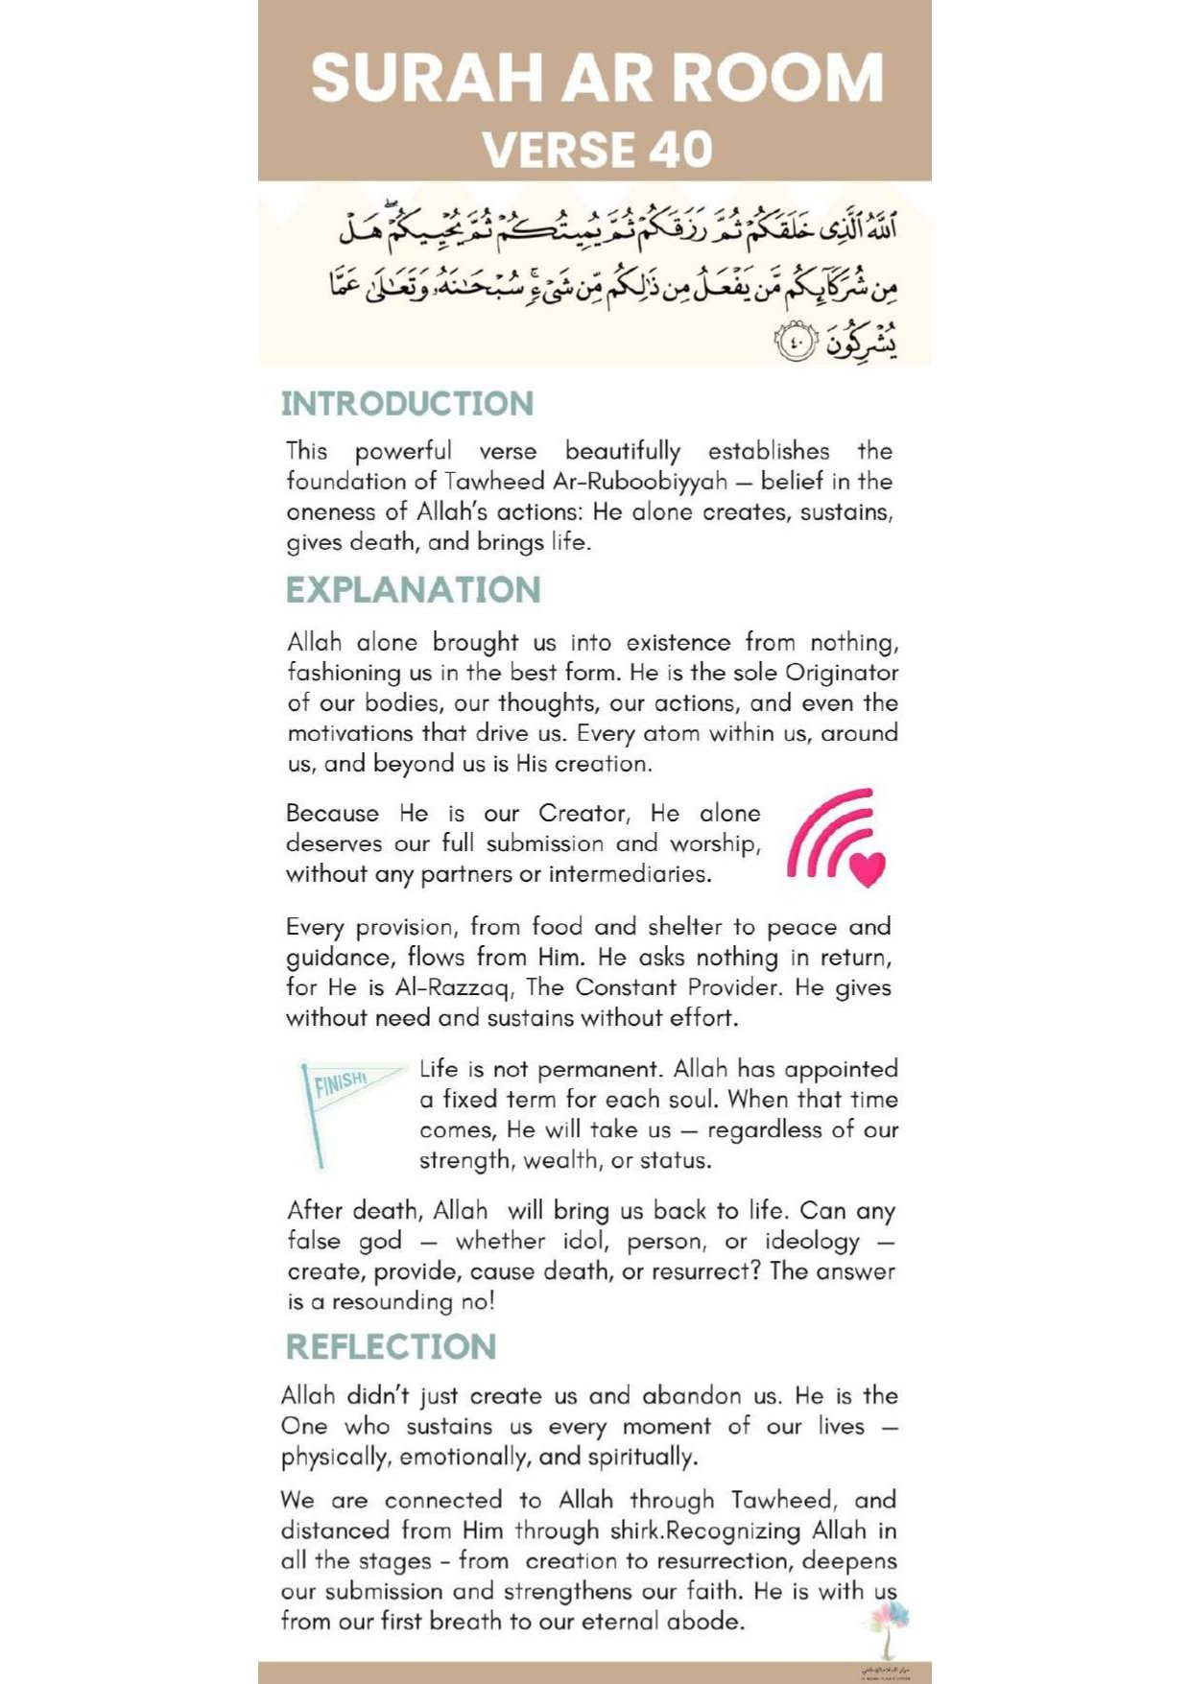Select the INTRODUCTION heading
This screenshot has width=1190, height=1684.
[x=407, y=404]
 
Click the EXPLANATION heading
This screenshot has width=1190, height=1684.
[x=413, y=590]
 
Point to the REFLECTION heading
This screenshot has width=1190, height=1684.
[x=391, y=1347]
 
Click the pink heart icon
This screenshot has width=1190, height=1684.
[x=868, y=867]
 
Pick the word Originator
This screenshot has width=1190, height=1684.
[x=842, y=673]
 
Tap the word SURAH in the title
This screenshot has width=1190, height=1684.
[x=427, y=79]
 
